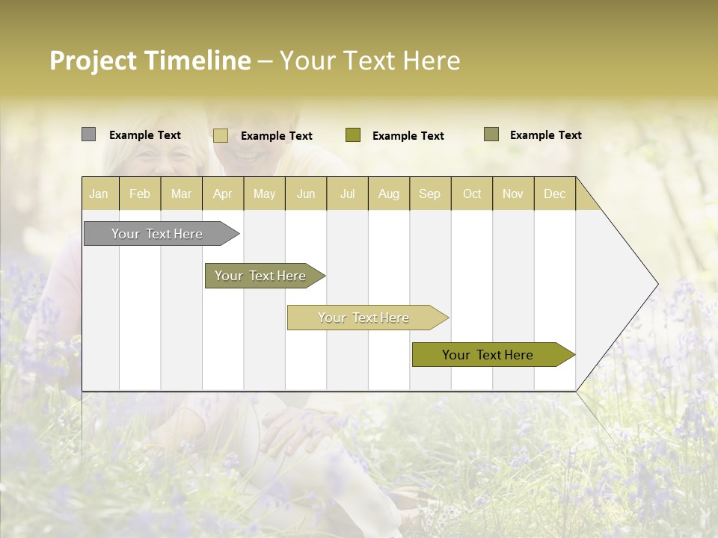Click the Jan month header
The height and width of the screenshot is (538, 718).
[99, 194]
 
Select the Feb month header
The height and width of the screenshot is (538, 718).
[140, 194]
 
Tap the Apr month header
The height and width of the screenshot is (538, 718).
[223, 194]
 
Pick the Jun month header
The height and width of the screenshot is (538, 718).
[306, 194]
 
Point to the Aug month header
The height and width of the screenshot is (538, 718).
[389, 194]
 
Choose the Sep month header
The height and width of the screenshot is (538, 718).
[430, 194]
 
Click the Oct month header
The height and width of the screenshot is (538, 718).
[472, 194]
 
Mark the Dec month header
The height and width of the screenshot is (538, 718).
[555, 194]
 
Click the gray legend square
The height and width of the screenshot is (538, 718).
[89, 134]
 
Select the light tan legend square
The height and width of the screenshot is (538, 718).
[221, 135]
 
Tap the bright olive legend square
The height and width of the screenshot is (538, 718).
[353, 135]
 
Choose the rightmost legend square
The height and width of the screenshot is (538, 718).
[491, 134]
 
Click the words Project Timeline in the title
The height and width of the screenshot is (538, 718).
[150, 61]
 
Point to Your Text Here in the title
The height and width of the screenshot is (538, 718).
[369, 61]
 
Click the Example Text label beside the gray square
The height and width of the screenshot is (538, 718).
[145, 135]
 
